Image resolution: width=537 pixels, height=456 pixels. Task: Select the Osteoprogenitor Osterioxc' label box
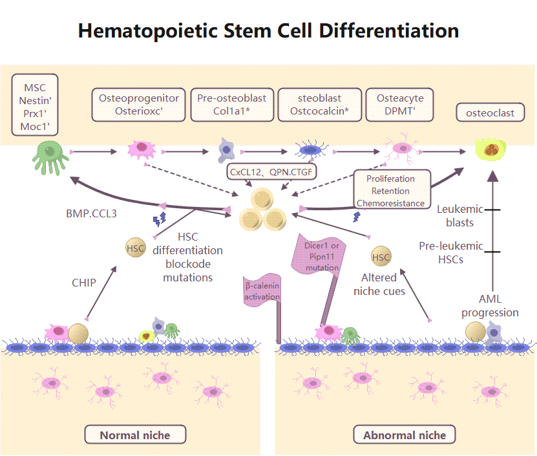(x=138, y=104)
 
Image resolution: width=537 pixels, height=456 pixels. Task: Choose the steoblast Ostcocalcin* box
(x=319, y=104)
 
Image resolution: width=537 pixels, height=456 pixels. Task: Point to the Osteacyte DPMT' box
(x=400, y=104)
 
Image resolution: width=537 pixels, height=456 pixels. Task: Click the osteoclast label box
(x=494, y=113)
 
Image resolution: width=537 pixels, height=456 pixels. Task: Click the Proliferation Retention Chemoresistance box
(x=392, y=191)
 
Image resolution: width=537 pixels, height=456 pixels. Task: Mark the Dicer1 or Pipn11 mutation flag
(x=322, y=256)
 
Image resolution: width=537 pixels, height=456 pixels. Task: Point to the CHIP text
(x=84, y=283)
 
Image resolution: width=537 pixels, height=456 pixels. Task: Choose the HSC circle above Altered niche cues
(x=381, y=257)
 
